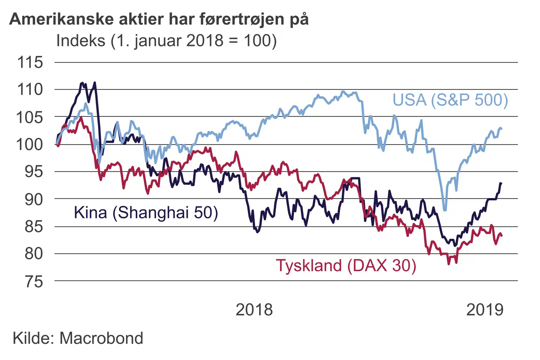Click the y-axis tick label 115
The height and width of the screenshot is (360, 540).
coord(30,62)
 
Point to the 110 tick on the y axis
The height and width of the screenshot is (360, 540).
coord(30,90)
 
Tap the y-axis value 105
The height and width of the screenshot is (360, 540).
coord(30,117)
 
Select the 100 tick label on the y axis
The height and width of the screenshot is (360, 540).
coord(30,144)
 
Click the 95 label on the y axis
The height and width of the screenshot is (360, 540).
coord(34,172)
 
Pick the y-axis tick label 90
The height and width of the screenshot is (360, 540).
coord(34,199)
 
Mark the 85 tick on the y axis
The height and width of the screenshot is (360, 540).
coord(34,226)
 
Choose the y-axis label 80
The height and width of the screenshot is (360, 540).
coord(34,254)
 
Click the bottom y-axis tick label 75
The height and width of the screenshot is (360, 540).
coord(34,282)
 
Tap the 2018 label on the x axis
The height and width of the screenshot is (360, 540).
coord(254,310)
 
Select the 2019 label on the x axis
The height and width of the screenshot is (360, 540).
coord(484,310)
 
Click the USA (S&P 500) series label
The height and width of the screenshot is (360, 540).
coord(450,100)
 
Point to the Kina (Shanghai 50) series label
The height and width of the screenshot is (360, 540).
coord(146,213)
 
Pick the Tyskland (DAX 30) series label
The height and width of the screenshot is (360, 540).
coord(346,265)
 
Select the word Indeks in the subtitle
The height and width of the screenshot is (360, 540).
coord(81,40)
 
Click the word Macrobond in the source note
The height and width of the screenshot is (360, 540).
coord(102,338)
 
